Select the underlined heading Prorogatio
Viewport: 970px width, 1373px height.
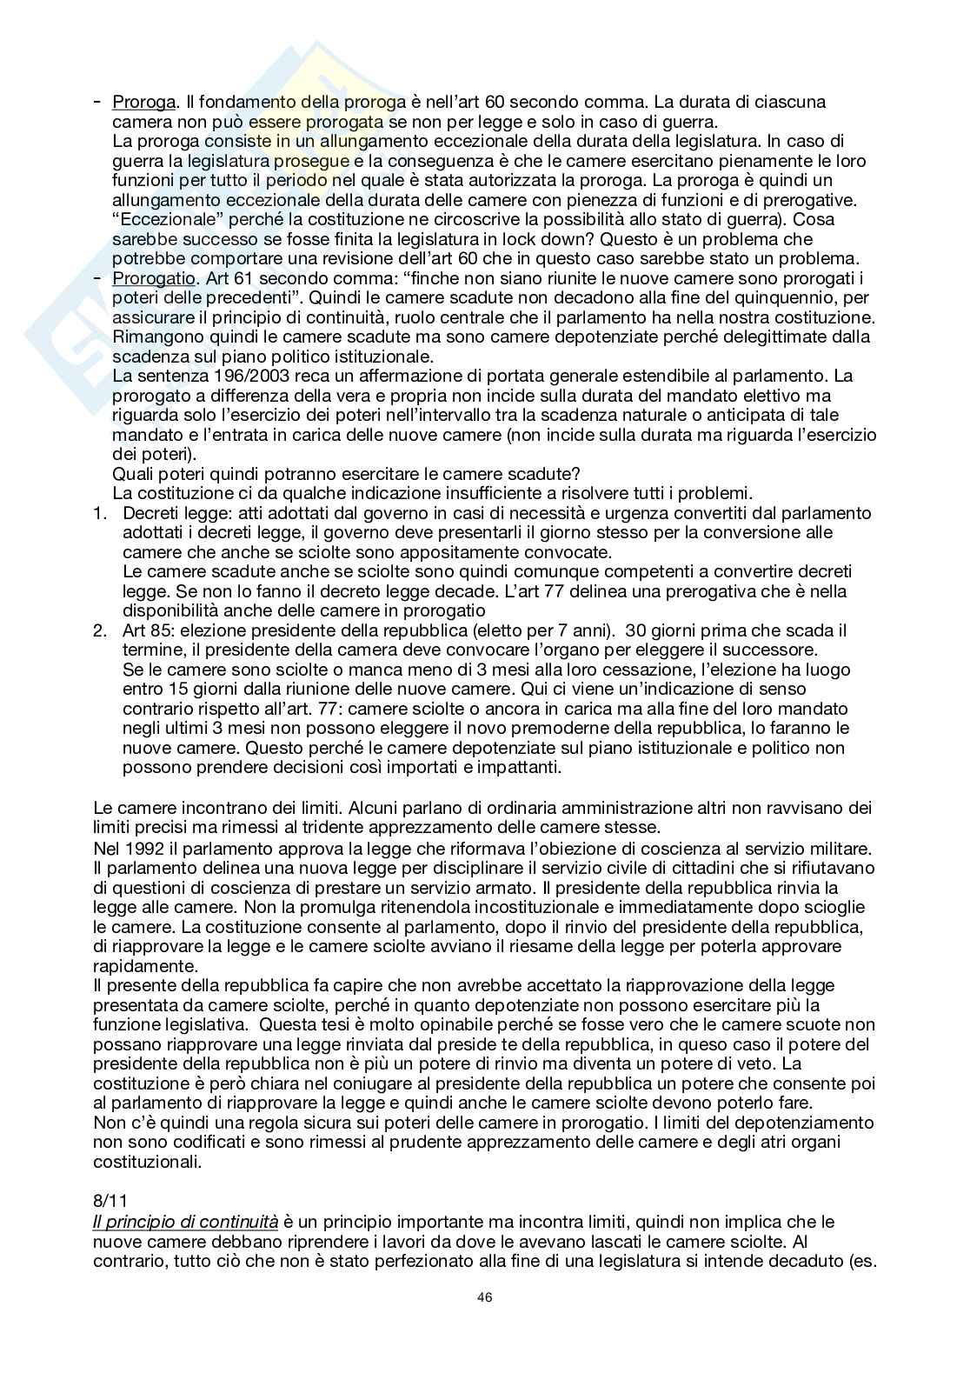tap(144, 278)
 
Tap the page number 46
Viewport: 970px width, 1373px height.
tap(485, 1297)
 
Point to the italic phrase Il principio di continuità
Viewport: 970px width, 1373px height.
tap(186, 1222)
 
